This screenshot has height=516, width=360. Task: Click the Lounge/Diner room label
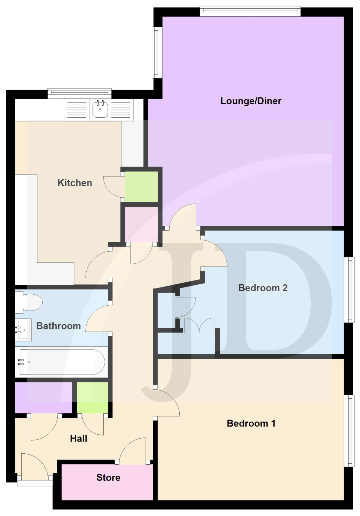tap(251, 101)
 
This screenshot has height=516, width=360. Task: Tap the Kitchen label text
tap(75, 183)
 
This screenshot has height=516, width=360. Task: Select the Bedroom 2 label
tap(263, 288)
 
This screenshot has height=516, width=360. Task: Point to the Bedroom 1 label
tap(251, 423)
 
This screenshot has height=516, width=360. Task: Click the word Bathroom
tap(59, 326)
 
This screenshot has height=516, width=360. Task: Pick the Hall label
tap(78, 439)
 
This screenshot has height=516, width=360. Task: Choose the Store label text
tap(108, 478)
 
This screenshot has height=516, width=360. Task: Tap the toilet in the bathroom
tap(29, 302)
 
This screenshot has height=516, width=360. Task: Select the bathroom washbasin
tap(23, 330)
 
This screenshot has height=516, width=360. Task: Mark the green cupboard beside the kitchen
tap(141, 187)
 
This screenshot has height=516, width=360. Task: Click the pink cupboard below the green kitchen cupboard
tap(141, 224)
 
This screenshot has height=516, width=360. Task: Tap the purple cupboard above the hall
tap(43, 398)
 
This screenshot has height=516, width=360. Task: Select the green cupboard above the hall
tap(92, 398)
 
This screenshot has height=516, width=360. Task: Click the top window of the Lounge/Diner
tap(250, 11)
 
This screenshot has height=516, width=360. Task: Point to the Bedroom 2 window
tap(349, 290)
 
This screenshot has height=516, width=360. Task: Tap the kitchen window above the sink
tap(80, 93)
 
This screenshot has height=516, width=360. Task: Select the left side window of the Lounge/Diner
tap(157, 53)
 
